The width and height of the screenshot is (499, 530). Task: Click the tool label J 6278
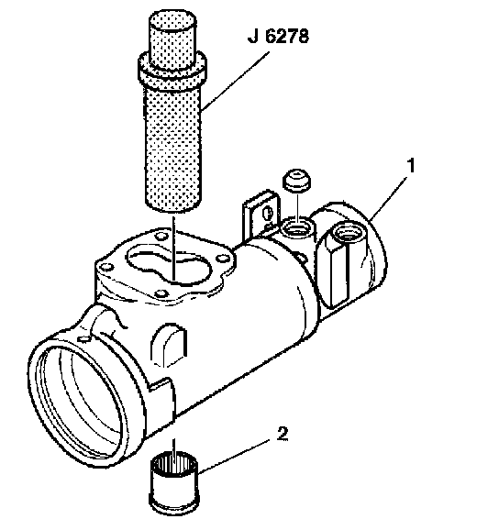pyautogui.click(x=278, y=36)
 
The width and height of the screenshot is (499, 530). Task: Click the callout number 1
pyautogui.click(x=410, y=166)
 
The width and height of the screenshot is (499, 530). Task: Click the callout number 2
pyautogui.click(x=283, y=434)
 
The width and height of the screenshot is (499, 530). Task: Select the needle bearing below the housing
pyautogui.click(x=173, y=480)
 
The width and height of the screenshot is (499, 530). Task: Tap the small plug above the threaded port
pyautogui.click(x=297, y=182)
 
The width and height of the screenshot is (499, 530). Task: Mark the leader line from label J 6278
pyautogui.click(x=236, y=81)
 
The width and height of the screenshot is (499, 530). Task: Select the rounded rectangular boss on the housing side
pyautogui.click(x=169, y=346)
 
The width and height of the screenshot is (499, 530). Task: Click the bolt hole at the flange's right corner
pyautogui.click(x=221, y=259)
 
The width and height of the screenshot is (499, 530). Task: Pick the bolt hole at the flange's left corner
pyautogui.click(x=106, y=267)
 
